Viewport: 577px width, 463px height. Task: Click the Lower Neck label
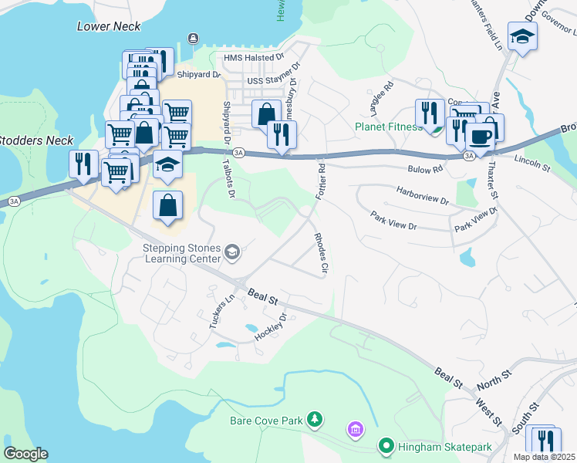point(109,26)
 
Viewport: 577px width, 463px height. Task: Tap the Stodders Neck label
point(36,140)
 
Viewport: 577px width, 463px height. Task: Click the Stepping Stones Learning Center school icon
point(231,252)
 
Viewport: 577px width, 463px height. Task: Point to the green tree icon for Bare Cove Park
point(315,420)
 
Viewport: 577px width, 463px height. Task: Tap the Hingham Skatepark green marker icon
point(385,445)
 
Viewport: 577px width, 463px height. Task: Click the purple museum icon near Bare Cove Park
point(355,428)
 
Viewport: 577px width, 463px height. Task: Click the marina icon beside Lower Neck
point(192,39)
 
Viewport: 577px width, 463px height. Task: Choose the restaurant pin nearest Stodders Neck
point(83,163)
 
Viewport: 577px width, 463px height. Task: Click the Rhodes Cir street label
point(321,253)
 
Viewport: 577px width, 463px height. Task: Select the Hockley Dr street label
point(278,327)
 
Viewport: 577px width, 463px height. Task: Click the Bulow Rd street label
point(427,168)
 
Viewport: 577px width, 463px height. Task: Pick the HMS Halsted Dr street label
point(254,58)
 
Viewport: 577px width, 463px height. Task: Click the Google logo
point(25,454)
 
